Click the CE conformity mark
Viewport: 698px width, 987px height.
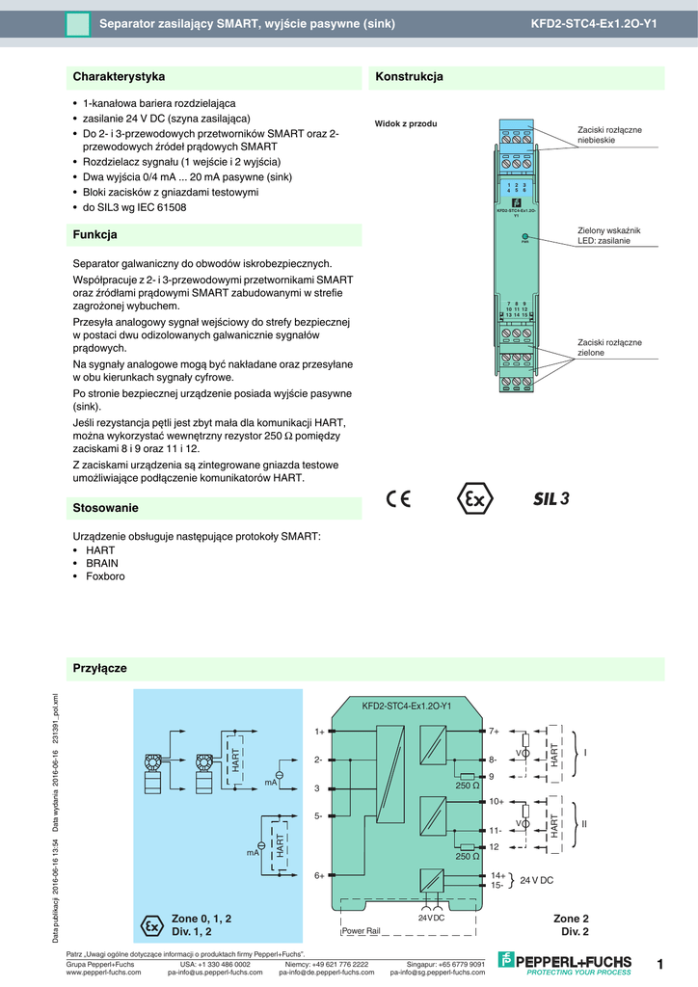(x=398, y=499)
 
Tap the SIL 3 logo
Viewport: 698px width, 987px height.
(x=552, y=498)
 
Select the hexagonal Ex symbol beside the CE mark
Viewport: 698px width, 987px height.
(x=473, y=499)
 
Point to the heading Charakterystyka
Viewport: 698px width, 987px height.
(x=119, y=76)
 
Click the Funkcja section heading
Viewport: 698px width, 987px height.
(x=94, y=234)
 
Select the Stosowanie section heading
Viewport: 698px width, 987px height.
(x=106, y=507)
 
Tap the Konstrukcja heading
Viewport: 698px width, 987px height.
(x=409, y=76)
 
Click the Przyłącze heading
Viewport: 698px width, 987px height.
(x=100, y=668)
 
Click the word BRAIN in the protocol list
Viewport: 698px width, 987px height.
(x=102, y=563)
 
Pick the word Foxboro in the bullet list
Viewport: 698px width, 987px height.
(x=105, y=576)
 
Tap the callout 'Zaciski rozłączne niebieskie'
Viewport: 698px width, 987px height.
(x=609, y=135)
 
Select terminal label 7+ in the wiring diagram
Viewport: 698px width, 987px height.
(x=494, y=732)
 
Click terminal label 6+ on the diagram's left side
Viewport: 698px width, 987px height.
(x=319, y=875)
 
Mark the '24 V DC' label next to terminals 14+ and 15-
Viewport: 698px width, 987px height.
(x=536, y=880)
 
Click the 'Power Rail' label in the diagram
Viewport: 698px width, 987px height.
(x=362, y=931)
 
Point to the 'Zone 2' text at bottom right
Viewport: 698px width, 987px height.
(x=570, y=919)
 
